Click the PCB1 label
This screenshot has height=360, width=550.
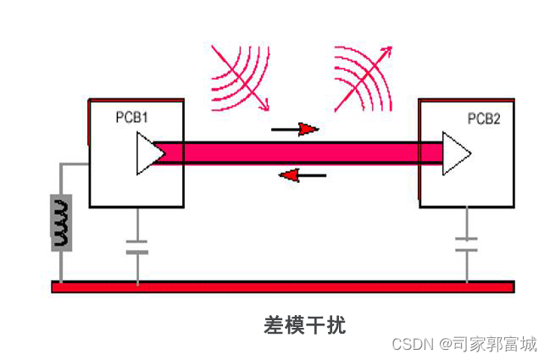click(x=132, y=118)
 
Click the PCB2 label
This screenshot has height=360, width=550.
click(x=484, y=119)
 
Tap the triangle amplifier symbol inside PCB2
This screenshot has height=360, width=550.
click(x=455, y=153)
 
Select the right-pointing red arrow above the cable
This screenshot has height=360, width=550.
click(x=297, y=130)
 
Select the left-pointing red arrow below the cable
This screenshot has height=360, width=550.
click(x=302, y=175)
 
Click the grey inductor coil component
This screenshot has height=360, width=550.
click(x=61, y=222)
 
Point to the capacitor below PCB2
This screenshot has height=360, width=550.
click(x=466, y=245)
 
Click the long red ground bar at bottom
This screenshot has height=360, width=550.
click(x=282, y=286)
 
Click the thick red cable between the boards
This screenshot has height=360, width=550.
click(x=297, y=152)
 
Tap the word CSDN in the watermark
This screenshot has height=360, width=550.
click(x=413, y=344)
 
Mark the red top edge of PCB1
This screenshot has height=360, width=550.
click(x=136, y=98)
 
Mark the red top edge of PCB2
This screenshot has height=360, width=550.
click(x=466, y=98)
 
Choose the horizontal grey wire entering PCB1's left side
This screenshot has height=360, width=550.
click(x=75, y=166)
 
